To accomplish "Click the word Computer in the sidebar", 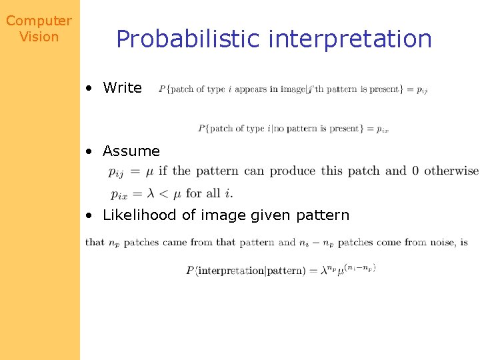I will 39,21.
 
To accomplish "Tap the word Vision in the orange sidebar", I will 39,37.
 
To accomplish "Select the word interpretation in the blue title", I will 350,39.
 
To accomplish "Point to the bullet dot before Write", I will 89,88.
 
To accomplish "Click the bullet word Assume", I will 131,151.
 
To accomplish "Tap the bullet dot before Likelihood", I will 89,215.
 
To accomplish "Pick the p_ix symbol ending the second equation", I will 381,129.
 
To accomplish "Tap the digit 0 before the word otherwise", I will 415,171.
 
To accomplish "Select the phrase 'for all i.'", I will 210,193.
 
